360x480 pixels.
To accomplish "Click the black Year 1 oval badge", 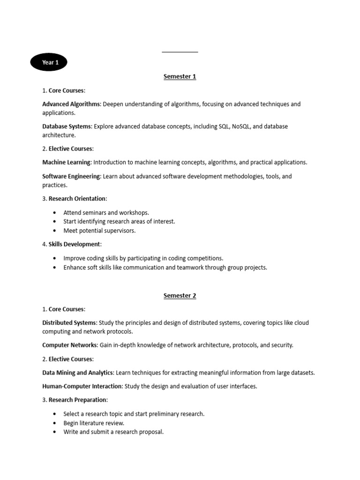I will tap(48, 62).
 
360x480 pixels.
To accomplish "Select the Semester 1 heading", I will tap(180, 77).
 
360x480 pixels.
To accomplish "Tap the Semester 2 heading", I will tap(180, 296).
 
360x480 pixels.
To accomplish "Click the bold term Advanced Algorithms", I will tap(71, 104).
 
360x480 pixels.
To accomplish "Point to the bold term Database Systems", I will tap(67, 127).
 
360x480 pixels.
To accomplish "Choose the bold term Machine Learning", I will tap(67, 162).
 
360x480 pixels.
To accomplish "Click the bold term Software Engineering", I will tap(71, 176).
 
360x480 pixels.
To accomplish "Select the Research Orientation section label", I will tap(77, 199).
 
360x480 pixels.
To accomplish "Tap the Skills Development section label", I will tap(74, 244).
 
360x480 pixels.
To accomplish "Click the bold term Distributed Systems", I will tap(69, 322).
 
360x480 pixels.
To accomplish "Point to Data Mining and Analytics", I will tap(78, 373).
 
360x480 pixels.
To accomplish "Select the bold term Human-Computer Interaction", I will tap(82, 386).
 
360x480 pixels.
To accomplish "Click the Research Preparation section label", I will tap(78, 400).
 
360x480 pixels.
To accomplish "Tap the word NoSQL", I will tap(242, 127).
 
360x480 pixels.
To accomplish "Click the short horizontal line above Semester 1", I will tap(180, 52).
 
